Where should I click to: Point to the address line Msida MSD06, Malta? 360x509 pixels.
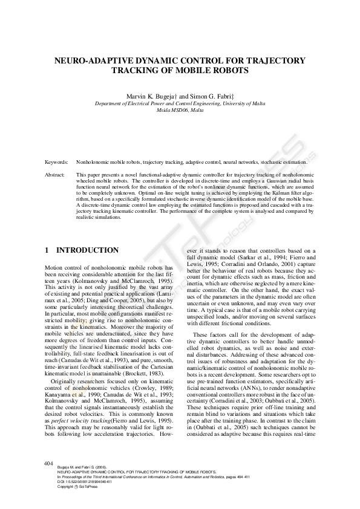[x=180, y=111]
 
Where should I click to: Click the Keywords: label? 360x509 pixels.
[x=57, y=163]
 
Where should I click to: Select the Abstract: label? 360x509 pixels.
[x=56, y=174]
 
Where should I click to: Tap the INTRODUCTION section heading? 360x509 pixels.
[x=87, y=250]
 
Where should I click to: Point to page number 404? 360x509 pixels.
[x=50, y=463]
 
